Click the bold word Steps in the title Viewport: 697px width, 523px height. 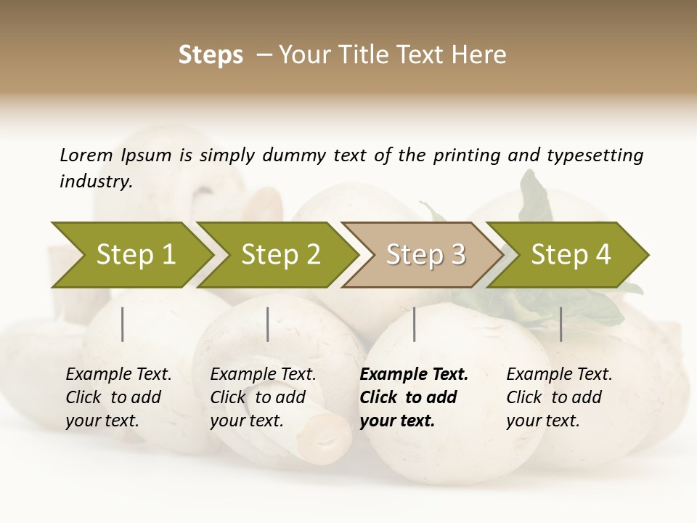pos(211,55)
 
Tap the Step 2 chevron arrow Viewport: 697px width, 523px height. pos(280,254)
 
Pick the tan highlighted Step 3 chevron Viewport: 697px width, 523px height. pos(425,254)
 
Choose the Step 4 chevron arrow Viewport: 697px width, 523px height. pos(571,254)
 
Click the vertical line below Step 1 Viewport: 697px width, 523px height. pos(123,324)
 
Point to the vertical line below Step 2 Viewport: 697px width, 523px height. pos(268,324)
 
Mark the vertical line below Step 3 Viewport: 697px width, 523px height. pos(414,324)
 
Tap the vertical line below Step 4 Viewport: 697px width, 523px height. pos(561,324)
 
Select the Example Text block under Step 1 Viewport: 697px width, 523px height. pos(118,397)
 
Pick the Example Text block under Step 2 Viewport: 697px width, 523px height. pos(263,397)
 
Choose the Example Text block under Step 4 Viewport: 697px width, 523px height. pos(559,397)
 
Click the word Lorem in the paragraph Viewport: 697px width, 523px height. pos(86,155)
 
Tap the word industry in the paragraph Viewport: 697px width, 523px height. pos(96,181)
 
